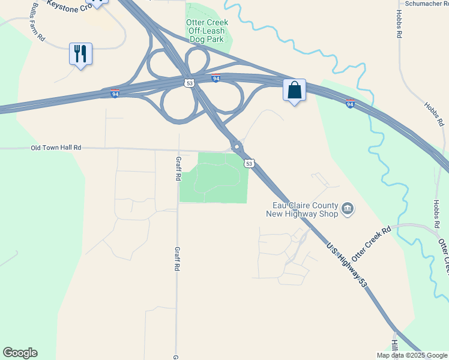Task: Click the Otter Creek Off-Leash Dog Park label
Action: click(x=207, y=31)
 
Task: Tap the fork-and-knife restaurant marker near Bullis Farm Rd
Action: click(x=80, y=53)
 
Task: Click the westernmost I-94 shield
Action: click(x=115, y=94)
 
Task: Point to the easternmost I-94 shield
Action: click(x=350, y=104)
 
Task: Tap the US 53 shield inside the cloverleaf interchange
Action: click(x=190, y=83)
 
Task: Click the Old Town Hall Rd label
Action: click(x=56, y=148)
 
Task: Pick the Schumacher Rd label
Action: click(x=423, y=4)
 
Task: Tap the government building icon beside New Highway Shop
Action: click(x=347, y=209)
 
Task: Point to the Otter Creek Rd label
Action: click(x=371, y=243)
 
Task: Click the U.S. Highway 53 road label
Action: click(x=346, y=263)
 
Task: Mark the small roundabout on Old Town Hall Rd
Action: click(x=237, y=146)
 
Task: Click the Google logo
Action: click(x=20, y=353)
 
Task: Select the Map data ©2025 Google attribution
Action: click(x=411, y=355)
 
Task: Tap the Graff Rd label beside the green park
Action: click(x=179, y=167)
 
